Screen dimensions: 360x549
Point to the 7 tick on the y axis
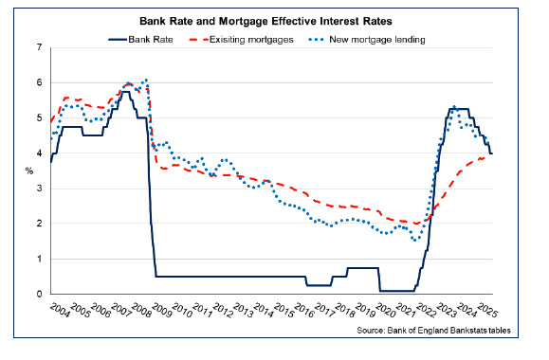point(39,47)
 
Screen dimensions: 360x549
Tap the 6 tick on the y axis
point(39,82)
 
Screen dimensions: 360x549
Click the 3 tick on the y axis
point(39,189)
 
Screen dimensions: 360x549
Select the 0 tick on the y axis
point(39,294)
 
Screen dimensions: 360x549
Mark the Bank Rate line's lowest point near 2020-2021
point(398,291)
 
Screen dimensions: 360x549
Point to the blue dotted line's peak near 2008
point(145,80)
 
